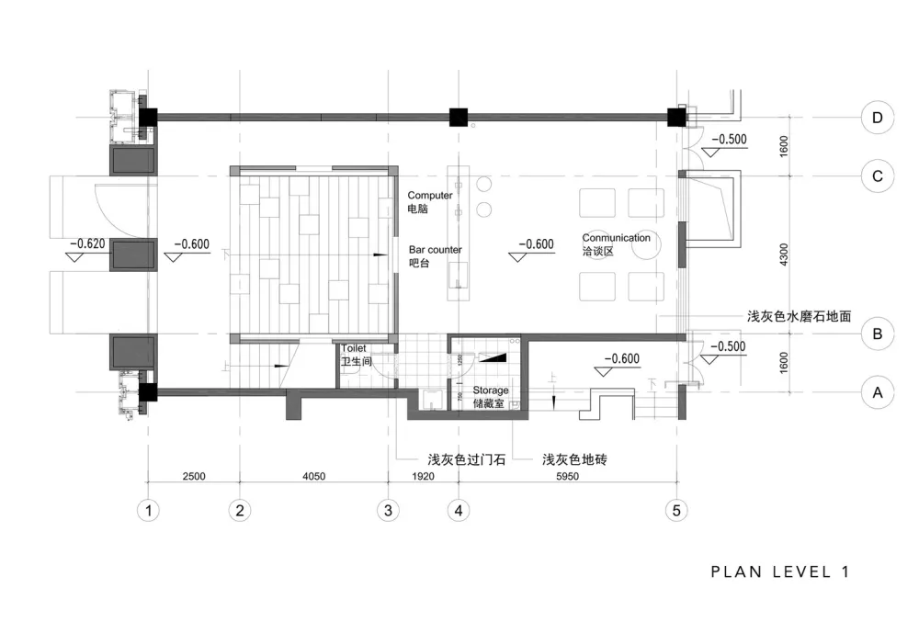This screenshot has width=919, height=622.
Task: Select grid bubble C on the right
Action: point(878,175)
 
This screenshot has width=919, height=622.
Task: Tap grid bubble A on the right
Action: point(878,393)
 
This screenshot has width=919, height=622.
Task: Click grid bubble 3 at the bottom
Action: point(389,509)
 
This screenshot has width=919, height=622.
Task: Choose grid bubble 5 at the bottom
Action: point(676,509)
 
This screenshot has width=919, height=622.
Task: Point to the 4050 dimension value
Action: point(314,476)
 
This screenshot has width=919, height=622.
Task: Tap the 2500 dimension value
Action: point(193,476)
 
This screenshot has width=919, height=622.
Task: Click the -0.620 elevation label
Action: point(87,244)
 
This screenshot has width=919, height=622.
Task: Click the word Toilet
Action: point(355,349)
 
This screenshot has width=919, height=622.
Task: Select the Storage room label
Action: point(491,390)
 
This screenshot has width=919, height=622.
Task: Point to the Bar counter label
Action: point(436,250)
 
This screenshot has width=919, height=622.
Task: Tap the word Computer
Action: point(430,196)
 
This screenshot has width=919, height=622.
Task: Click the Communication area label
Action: point(616,238)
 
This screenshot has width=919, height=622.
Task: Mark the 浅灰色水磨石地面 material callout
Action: point(799,316)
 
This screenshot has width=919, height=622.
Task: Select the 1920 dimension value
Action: point(424,476)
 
